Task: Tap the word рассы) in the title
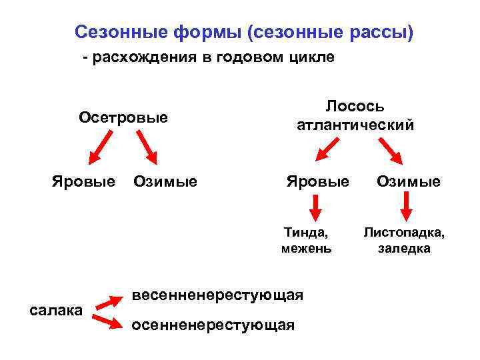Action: (385, 31)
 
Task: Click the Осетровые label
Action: (123, 118)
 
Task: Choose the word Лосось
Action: (355, 107)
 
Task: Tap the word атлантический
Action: (355, 125)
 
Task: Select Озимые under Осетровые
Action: (165, 181)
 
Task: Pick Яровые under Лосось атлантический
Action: (317, 181)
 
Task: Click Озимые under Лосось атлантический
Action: (408, 181)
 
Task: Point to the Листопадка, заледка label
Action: (404, 241)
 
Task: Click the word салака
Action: (57, 309)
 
